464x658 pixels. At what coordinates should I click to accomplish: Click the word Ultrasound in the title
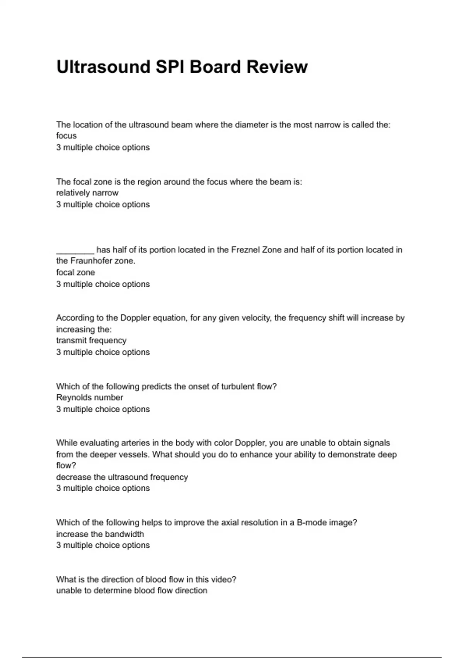(103, 67)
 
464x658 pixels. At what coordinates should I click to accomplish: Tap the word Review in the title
(277, 67)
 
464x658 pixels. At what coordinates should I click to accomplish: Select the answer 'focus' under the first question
(66, 136)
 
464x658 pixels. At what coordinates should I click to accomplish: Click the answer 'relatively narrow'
(87, 193)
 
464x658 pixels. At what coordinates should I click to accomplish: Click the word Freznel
(246, 250)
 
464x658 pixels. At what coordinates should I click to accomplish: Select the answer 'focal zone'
(75, 272)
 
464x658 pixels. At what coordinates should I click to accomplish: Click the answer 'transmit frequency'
(91, 341)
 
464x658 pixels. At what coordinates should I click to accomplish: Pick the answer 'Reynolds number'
(89, 398)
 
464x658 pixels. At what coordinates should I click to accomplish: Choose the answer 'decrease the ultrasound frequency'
(122, 477)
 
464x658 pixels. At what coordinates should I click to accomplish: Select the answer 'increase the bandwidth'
(100, 534)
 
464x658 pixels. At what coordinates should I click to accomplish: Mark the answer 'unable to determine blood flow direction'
(131, 591)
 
